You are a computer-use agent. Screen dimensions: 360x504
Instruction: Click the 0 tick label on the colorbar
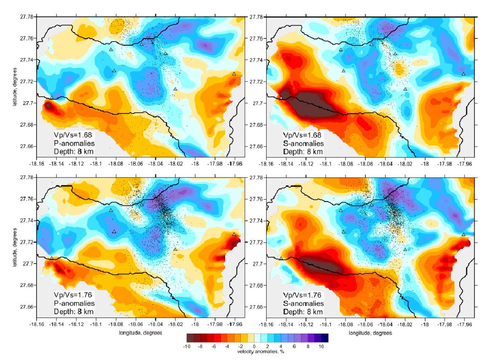coord(254,346)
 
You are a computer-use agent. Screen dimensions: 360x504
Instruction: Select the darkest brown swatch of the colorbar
coord(190,337)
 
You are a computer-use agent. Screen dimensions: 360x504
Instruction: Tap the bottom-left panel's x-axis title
coord(141,333)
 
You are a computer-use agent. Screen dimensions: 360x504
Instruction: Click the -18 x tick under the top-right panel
coord(425,165)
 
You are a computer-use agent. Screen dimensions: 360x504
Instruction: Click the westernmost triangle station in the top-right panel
coord(281,97)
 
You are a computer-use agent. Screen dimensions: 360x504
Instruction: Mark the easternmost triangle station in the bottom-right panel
coord(463,234)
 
